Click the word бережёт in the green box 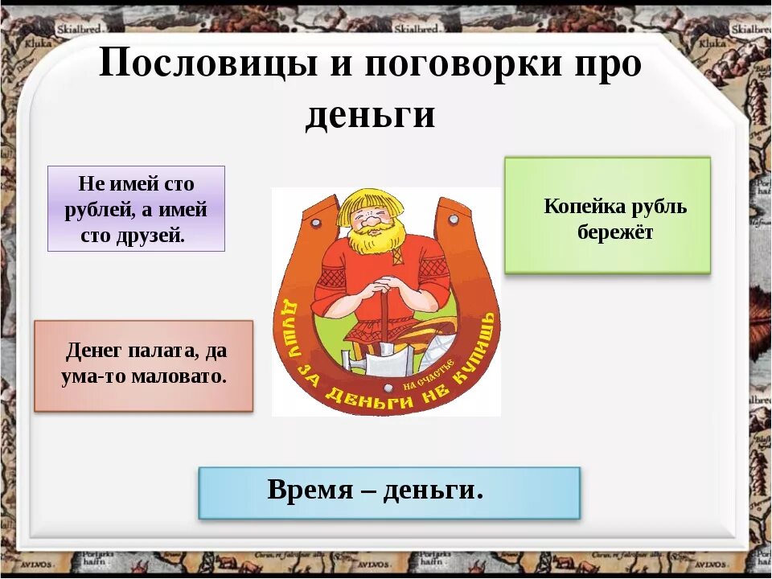click(615, 233)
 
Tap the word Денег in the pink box click(93, 351)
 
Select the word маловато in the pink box click(186, 376)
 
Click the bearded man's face click(375, 220)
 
